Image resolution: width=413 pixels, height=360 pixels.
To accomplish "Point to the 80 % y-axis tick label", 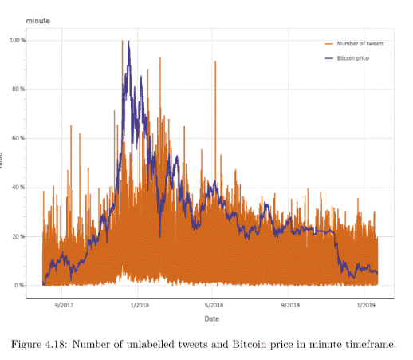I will click(x=19, y=89).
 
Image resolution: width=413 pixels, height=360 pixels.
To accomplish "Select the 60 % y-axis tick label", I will click(x=19, y=138).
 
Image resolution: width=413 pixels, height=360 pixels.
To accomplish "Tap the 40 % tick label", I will click(x=19, y=188).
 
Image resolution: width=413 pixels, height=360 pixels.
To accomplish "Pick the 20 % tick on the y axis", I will click(x=19, y=236).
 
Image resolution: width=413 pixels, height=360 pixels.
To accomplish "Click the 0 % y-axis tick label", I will click(x=21, y=285).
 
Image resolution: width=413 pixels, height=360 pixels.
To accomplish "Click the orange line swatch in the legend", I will click(x=328, y=43).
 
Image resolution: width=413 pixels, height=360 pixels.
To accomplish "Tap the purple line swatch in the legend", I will click(x=328, y=58).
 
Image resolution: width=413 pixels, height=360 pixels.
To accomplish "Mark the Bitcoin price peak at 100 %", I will click(x=128, y=42).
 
